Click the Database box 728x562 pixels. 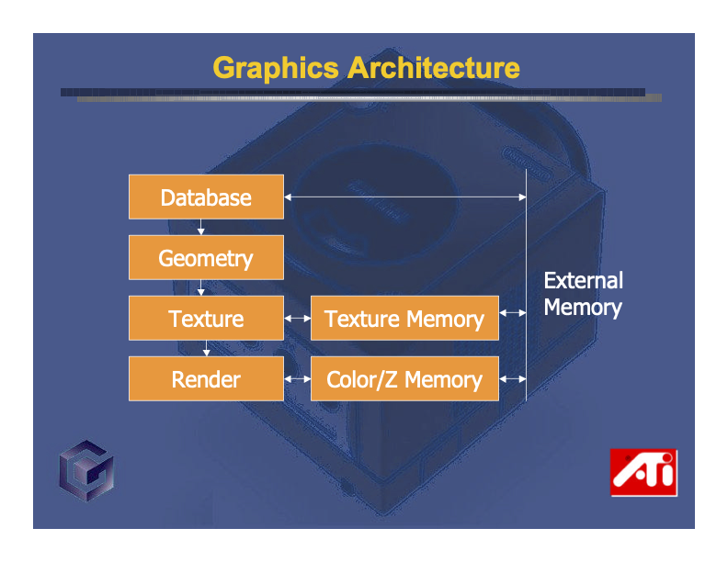point(206,197)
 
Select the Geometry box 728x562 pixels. point(206,258)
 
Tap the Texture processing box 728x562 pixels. point(206,319)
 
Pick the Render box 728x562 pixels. point(206,379)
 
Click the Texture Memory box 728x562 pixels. point(404,319)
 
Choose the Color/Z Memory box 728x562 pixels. point(404,379)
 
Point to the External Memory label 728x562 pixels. point(583,294)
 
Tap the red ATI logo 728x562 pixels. point(643,473)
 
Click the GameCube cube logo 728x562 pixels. point(86,477)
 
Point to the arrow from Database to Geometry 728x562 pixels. point(200,227)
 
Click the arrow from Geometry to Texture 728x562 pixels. point(200,287)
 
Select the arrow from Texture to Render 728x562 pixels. point(207,349)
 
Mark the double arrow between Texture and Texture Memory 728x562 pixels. point(297,319)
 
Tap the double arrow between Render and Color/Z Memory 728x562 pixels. point(297,379)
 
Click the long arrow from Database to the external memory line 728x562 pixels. point(404,197)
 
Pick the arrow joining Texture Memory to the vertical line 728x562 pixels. point(513,313)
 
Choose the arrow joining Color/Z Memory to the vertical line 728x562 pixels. point(513,378)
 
